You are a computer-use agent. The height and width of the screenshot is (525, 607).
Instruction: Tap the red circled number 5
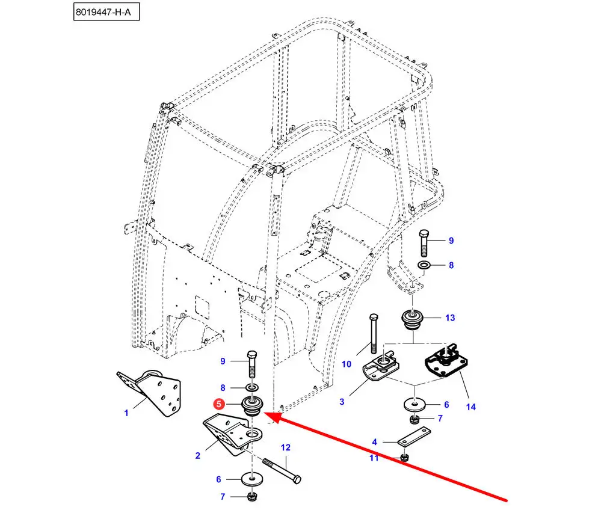click(x=220, y=405)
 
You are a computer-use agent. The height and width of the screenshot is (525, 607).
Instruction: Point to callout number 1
click(x=126, y=413)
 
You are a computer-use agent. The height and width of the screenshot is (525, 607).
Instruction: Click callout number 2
click(x=197, y=456)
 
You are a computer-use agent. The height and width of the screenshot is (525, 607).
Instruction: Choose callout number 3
click(x=342, y=401)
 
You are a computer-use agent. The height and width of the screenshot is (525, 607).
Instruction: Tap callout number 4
click(x=374, y=442)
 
